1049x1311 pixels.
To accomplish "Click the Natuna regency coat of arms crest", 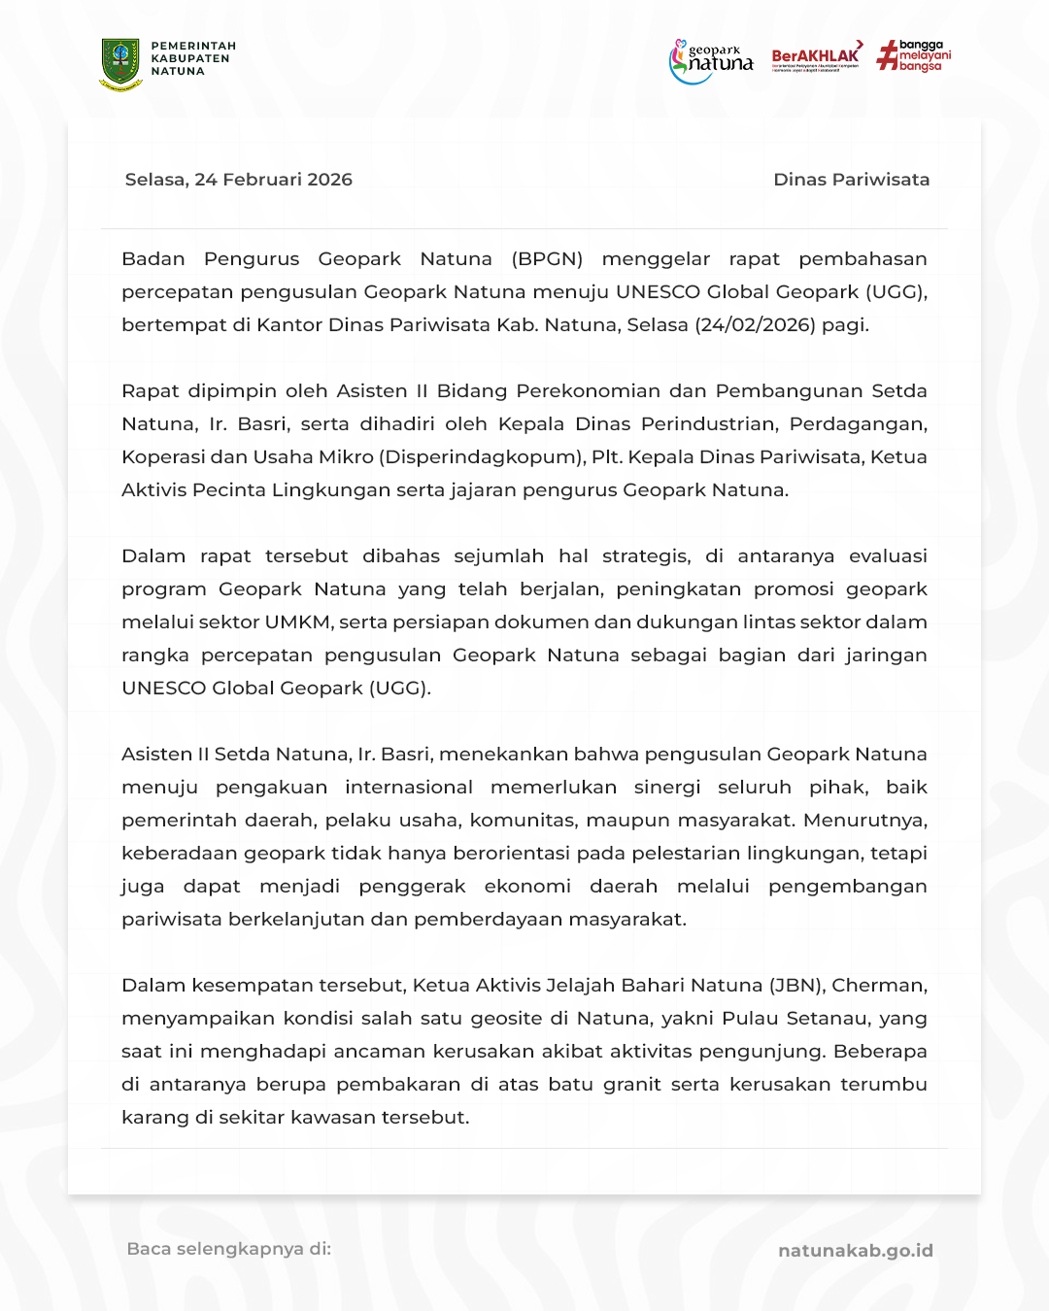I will tap(120, 64).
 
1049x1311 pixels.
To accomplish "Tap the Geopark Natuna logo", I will tap(712, 61).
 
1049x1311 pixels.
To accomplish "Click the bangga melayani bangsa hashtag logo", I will tap(914, 55).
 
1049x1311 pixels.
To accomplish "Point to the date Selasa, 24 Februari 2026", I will tap(239, 180).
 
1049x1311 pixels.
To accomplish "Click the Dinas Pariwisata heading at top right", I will tap(851, 180).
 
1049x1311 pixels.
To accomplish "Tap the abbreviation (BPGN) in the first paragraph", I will tap(547, 259).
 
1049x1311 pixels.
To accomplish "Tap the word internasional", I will tap(409, 788).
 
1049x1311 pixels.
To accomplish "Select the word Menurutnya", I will tap(864, 821).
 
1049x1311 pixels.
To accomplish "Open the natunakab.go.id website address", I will tap(855, 1251).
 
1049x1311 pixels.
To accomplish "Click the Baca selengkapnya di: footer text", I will tap(229, 1249).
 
